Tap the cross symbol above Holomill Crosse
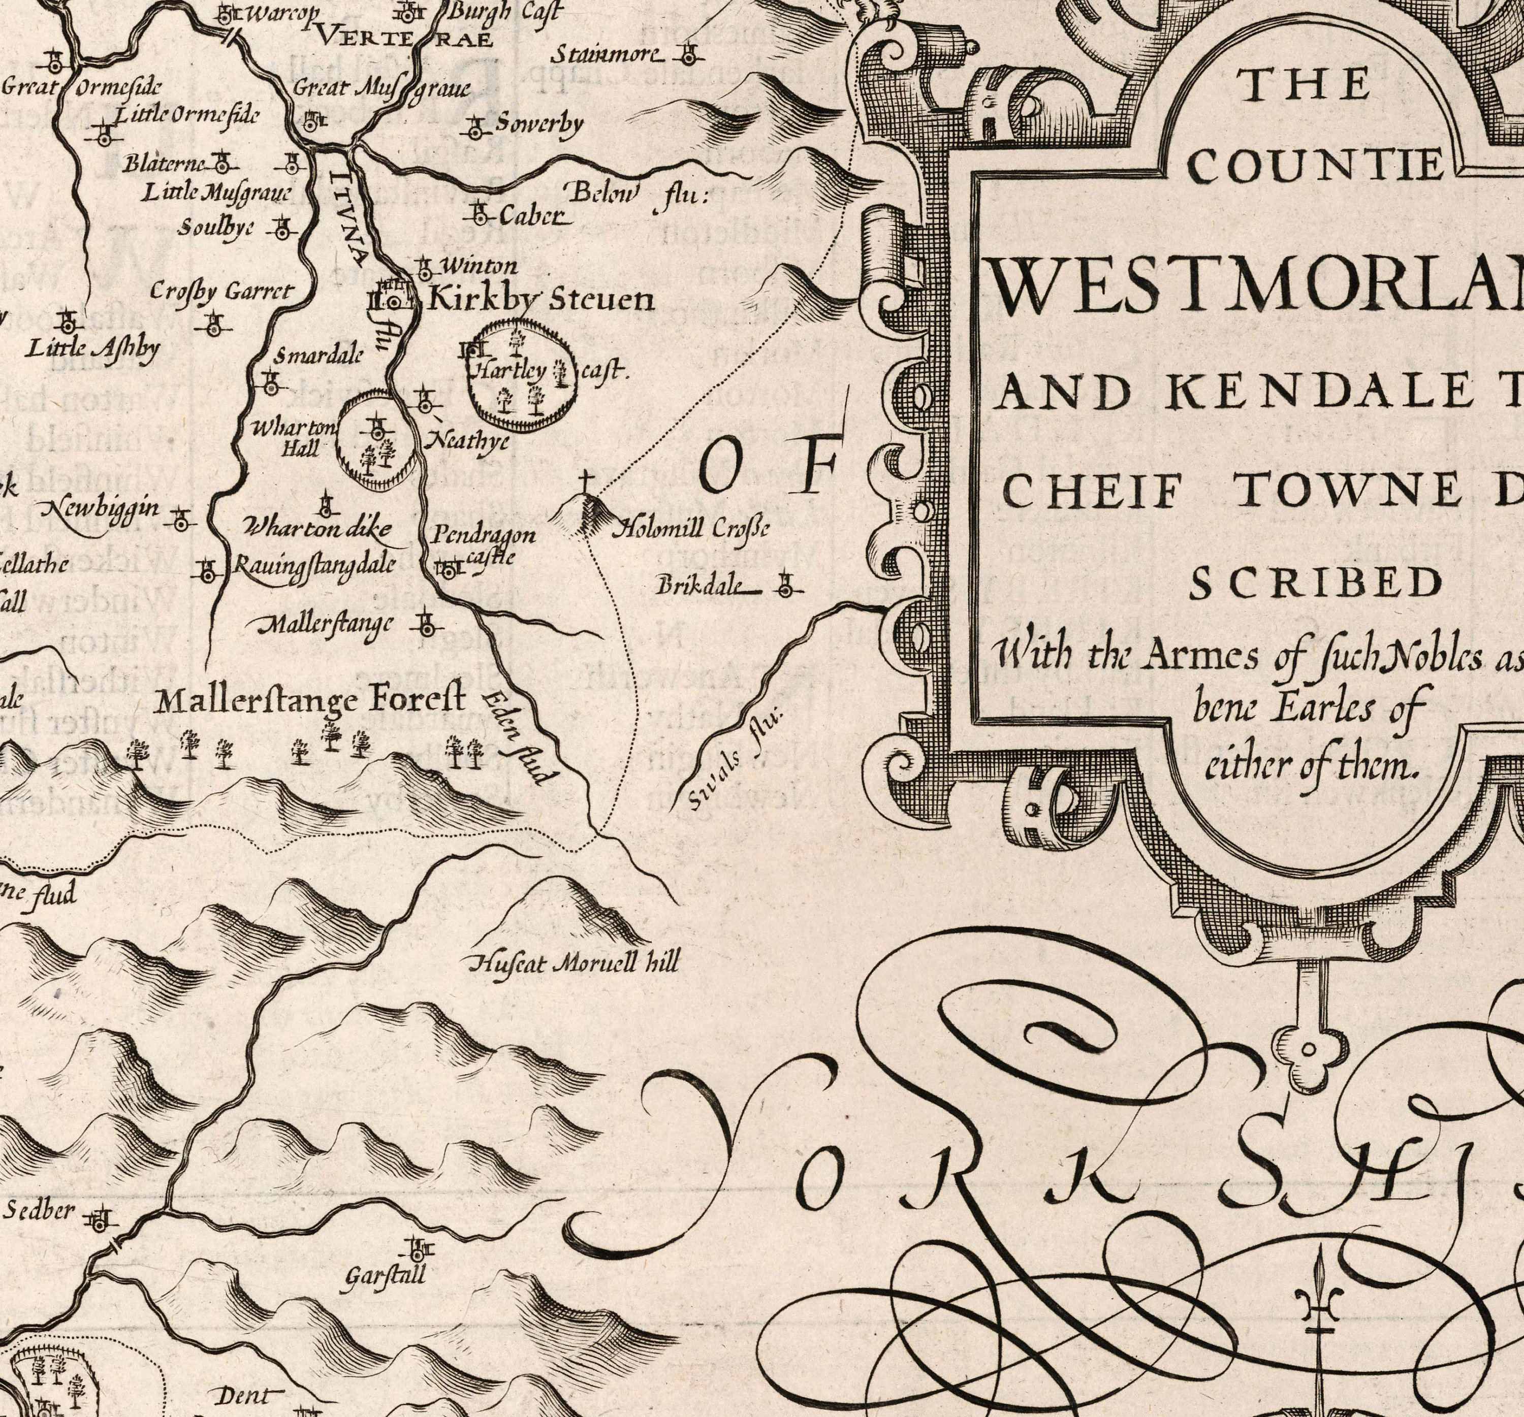(x=586, y=484)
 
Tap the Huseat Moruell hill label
(x=574, y=963)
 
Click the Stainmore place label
(x=606, y=55)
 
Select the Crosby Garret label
(x=221, y=291)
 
